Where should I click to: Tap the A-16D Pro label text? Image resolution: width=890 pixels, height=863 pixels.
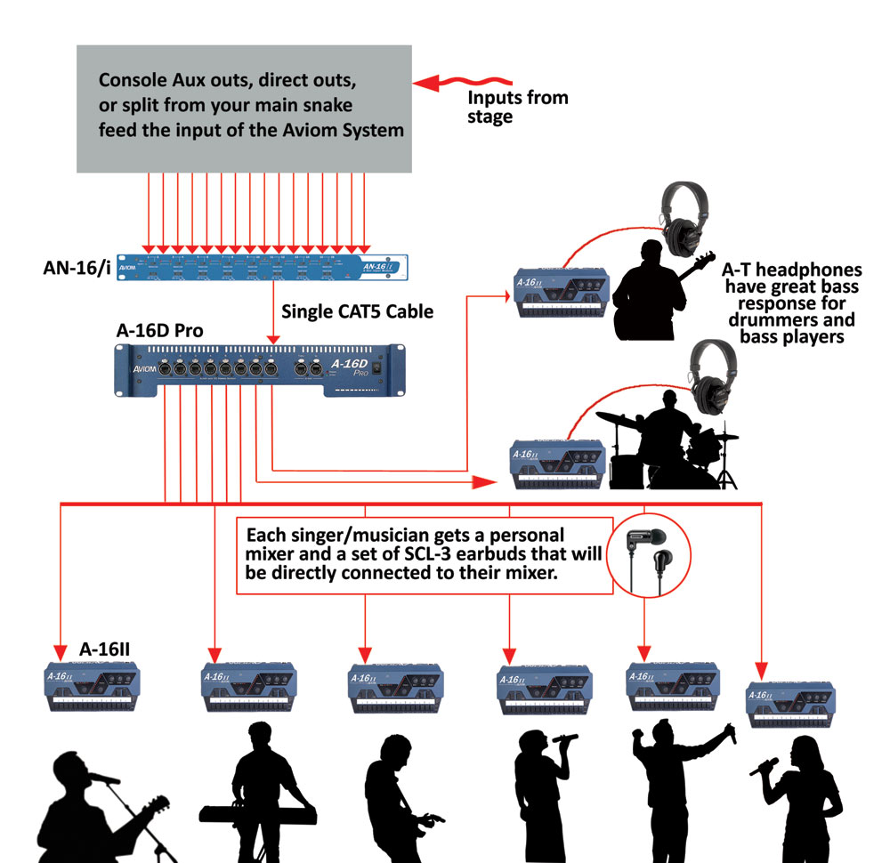point(159,330)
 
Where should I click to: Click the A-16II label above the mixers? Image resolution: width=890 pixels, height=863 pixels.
point(104,648)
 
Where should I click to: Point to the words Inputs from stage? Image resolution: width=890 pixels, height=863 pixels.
point(517,107)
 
